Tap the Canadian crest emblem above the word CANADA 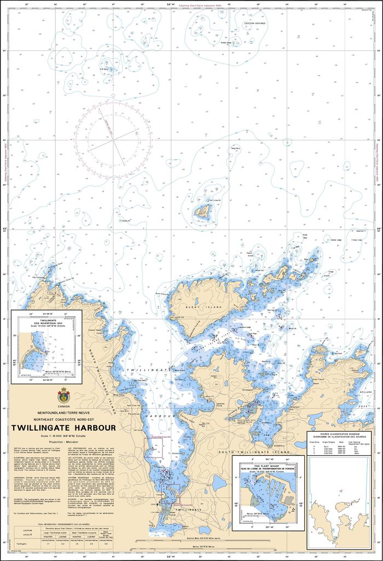pos(63,394)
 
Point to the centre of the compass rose pos(114,141)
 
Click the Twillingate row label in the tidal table pos(22,544)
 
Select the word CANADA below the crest pos(63,406)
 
